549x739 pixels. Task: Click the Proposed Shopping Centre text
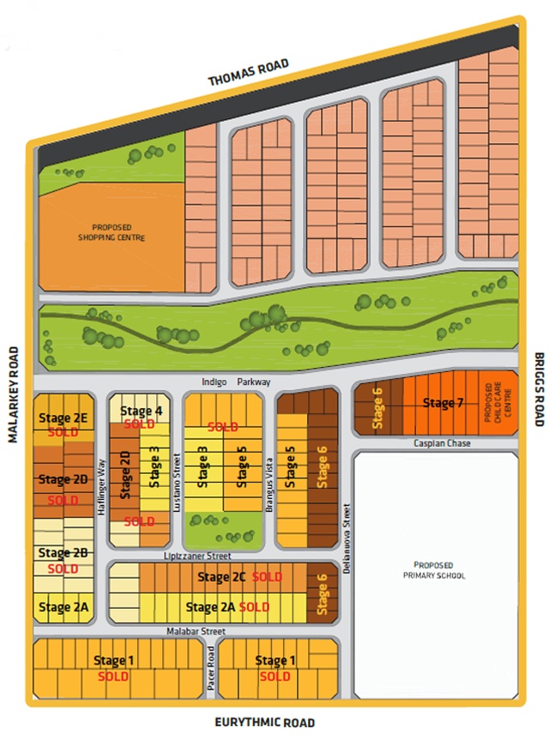pos(111,231)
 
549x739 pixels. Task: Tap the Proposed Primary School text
pos(438,571)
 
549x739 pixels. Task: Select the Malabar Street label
pos(196,631)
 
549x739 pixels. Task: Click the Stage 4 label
pos(142,411)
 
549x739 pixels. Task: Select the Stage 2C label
pos(221,578)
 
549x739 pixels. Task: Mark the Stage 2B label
pos(63,553)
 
